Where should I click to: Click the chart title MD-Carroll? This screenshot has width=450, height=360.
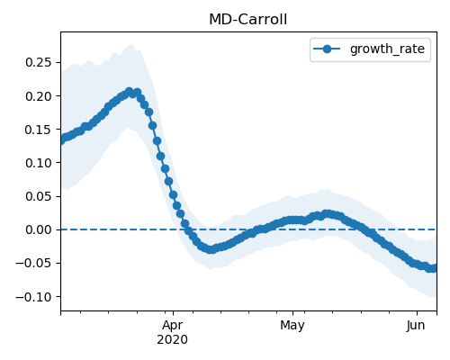coord(247,20)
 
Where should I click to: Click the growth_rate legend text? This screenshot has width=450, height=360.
coord(387,49)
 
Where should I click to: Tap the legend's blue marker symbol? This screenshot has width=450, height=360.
coord(327,49)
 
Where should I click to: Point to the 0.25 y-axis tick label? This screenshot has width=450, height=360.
coord(39,62)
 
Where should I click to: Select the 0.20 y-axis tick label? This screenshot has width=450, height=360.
coord(39,96)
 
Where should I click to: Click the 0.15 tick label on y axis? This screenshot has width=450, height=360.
coord(39,130)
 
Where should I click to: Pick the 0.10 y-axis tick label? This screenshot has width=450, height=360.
coord(39,163)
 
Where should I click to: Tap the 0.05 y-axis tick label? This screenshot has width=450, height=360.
coord(39,196)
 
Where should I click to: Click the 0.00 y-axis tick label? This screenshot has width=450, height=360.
coord(39,229)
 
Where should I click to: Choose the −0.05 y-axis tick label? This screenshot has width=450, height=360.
coord(33,263)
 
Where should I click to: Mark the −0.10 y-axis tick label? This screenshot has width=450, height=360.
coord(33,297)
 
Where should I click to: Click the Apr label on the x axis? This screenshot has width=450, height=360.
coord(173,326)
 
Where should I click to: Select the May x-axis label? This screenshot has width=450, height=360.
coord(292,326)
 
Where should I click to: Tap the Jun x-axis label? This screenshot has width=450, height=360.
coord(416,325)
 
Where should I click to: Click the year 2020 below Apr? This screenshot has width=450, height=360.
coord(173,339)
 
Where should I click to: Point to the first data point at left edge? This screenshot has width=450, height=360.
coord(61,140)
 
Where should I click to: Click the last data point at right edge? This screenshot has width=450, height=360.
coord(434,268)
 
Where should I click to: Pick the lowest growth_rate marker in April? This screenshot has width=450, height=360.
coord(211,249)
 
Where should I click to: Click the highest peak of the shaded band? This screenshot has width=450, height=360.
coord(131,45)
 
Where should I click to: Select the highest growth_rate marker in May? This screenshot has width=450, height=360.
coord(328,214)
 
